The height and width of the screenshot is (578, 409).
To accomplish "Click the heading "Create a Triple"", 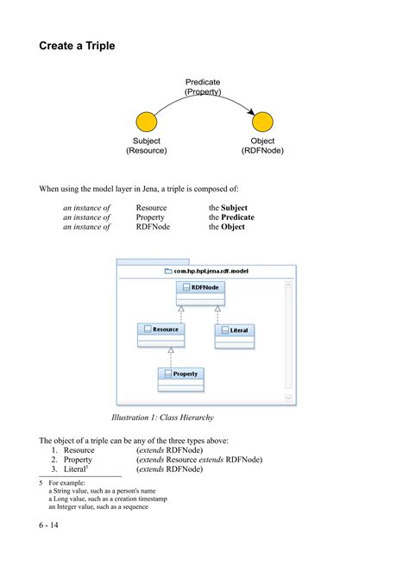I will coord(77,47).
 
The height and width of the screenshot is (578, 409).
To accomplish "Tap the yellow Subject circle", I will coord(146,122).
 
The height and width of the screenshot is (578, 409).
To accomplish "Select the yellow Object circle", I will coord(262,122).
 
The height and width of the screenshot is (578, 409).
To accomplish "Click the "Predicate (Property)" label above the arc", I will coord(203,87).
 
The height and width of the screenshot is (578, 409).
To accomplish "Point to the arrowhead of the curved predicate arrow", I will coord(250,113).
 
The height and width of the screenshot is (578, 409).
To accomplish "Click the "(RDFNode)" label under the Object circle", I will coord(262,151).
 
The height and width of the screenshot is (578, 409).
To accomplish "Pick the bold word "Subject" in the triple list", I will coord(234,208).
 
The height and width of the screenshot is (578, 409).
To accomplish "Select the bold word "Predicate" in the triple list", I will coord(237,217).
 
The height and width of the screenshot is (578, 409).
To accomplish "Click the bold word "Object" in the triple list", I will coord(233,227).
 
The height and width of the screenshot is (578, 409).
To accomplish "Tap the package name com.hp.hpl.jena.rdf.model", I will coord(212,271).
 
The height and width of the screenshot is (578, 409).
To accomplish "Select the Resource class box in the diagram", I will coord(160,330).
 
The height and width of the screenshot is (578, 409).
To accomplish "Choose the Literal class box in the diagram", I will coord(234,330).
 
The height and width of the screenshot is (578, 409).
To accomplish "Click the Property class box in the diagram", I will coord(179,374).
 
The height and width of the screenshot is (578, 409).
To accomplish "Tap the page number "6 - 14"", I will coord(48,525).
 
